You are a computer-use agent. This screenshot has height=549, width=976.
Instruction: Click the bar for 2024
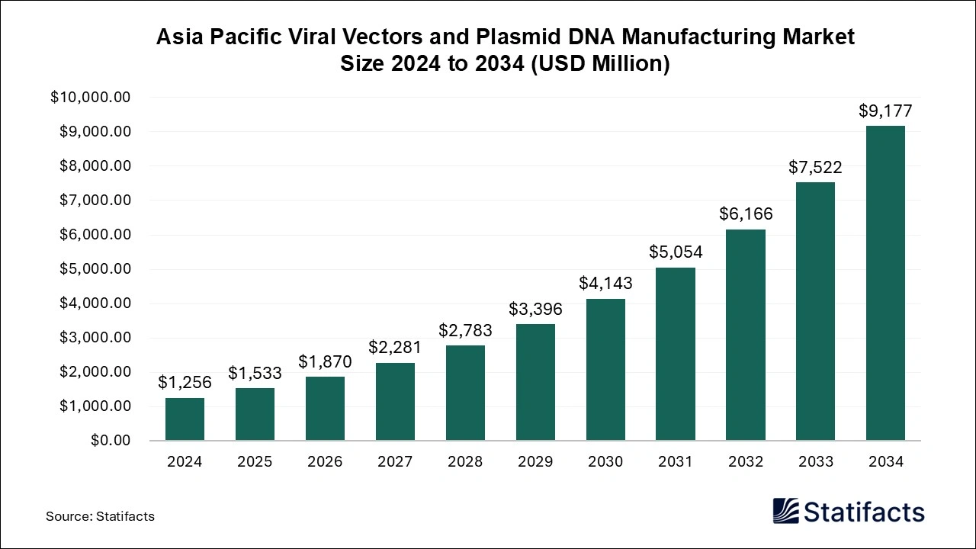[185, 419]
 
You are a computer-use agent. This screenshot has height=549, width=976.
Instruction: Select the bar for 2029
[535, 382]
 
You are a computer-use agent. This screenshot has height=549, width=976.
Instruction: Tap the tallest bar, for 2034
[885, 283]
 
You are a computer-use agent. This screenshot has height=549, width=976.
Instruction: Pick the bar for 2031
[676, 354]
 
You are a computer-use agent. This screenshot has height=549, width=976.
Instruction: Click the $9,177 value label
[885, 111]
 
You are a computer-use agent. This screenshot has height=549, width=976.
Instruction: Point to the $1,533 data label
[255, 374]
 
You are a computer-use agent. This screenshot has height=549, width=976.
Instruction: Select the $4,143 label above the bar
[605, 284]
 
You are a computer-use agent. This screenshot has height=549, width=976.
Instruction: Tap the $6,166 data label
[746, 214]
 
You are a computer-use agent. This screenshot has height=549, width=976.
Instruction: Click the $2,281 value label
[395, 348]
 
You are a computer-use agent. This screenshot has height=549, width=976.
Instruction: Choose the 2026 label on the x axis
[325, 462]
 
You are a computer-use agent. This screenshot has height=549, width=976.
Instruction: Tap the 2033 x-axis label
[815, 462]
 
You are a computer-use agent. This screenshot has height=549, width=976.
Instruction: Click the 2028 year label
[465, 462]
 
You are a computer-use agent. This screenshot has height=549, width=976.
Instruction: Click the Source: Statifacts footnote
[100, 516]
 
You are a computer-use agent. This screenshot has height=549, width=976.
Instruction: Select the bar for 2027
[395, 402]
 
